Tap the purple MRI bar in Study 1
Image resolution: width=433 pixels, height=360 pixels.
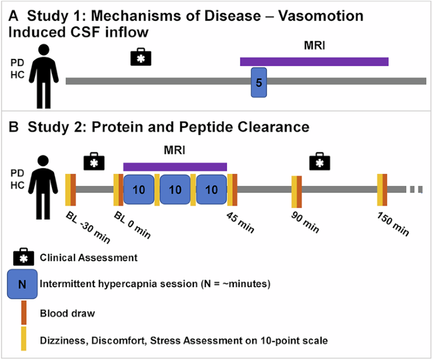click(314, 61)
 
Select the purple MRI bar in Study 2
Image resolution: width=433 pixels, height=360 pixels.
click(175, 166)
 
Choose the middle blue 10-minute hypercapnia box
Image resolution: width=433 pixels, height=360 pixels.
click(175, 190)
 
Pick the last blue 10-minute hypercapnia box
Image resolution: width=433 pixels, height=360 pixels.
click(212, 190)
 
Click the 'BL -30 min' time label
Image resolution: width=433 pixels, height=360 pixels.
click(86, 225)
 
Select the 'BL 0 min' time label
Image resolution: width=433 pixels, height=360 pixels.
click(133, 225)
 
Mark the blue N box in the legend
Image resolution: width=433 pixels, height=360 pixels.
click(21, 284)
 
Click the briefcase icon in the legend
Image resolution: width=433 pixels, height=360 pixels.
click(22, 258)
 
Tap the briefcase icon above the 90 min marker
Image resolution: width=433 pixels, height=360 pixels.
click(320, 163)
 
